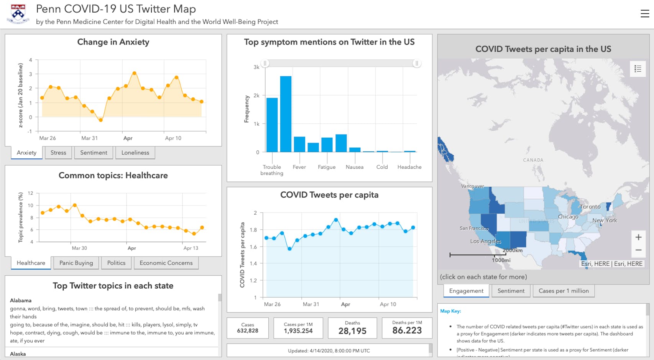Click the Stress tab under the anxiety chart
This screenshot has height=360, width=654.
click(58, 153)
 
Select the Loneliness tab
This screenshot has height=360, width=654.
click(135, 153)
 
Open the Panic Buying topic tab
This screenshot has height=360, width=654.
click(76, 263)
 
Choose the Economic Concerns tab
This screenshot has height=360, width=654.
click(166, 263)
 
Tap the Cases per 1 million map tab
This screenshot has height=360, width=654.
click(563, 291)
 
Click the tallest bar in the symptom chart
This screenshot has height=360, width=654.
click(286, 114)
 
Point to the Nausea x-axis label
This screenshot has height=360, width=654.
click(354, 167)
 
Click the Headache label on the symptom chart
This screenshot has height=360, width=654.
click(409, 167)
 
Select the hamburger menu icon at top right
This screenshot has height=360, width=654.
click(644, 14)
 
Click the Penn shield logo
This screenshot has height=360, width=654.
click(18, 14)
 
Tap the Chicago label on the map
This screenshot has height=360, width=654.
click(568, 217)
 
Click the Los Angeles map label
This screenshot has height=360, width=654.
click(485, 242)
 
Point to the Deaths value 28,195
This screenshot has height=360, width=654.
click(352, 331)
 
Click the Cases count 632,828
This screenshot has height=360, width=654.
click(248, 330)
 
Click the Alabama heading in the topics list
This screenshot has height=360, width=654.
click(21, 301)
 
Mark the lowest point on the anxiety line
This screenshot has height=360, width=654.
click(101, 120)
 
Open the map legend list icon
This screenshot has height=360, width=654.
click(638, 69)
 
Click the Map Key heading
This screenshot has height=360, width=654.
click(450, 311)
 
